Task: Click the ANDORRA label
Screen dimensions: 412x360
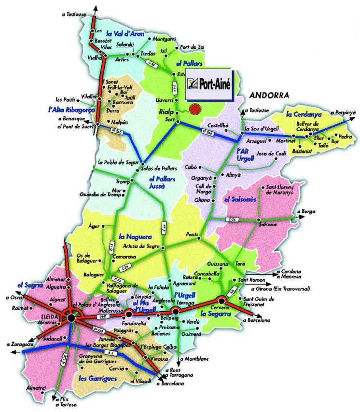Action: tap(266, 95)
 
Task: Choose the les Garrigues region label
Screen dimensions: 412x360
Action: tap(97, 379)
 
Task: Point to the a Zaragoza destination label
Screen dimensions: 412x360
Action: tap(20, 345)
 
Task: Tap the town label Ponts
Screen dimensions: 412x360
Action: tap(192, 235)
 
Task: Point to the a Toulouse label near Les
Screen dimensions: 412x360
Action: tap(74, 14)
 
